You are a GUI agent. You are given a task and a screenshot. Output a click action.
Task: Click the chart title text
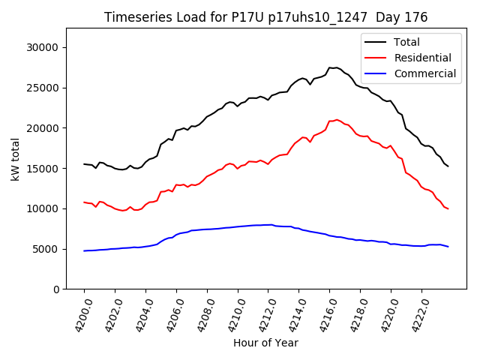point(265,17)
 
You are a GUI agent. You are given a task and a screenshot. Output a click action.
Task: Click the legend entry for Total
point(406,42)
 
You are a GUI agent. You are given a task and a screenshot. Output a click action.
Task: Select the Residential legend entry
point(422,58)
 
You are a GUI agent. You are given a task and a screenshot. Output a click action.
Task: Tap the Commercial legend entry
point(424,73)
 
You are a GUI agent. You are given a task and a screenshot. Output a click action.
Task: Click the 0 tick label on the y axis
point(56,289)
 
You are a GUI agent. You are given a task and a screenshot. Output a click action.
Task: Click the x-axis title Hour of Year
point(265,343)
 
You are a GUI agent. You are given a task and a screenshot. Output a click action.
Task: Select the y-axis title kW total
point(15,158)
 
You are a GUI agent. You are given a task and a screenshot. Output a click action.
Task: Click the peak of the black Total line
point(330,67)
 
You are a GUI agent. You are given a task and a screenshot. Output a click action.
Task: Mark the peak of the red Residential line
point(336,119)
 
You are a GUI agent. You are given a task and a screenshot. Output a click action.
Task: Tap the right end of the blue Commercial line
point(448,247)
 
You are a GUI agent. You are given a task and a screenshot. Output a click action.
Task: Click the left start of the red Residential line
point(84,202)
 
